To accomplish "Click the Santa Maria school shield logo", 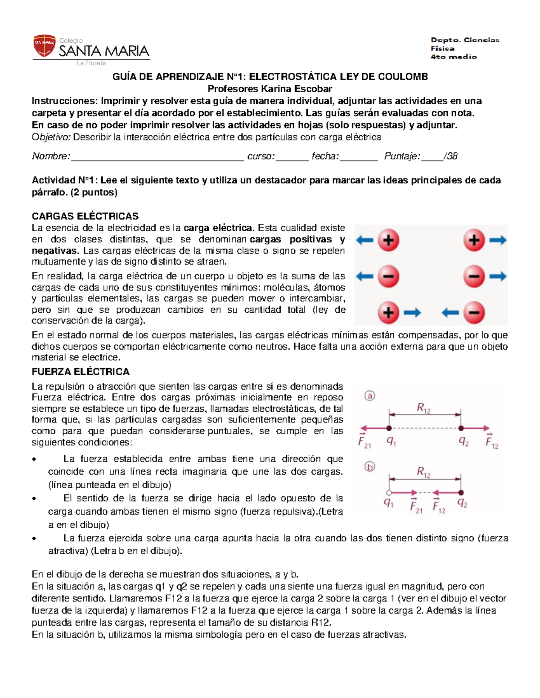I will (44, 47).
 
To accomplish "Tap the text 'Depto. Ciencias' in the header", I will (465, 40).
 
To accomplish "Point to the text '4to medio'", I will (453, 57).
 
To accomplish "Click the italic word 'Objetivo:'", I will (51, 138).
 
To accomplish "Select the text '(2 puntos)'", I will (96, 193).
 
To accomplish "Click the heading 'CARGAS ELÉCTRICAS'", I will (85, 216).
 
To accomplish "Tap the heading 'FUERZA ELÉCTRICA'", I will (81, 372).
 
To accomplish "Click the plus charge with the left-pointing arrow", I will (388, 240).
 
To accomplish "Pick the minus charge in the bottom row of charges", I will (474, 312).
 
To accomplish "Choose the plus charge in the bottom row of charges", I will (388, 312).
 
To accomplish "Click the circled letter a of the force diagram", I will (369, 396).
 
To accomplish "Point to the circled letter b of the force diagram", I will (369, 467).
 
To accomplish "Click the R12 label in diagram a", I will (423, 408).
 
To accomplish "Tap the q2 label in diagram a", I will (463, 441).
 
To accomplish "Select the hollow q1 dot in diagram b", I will (389, 493).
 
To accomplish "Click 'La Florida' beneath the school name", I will (91, 63).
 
